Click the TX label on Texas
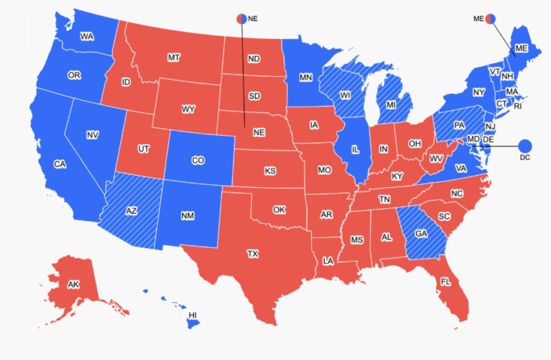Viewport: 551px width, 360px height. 253,254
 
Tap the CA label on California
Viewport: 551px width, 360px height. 60,164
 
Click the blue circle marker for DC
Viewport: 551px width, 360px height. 524,145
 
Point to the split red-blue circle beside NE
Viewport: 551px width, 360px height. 241,19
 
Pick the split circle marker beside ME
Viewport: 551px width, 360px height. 490,19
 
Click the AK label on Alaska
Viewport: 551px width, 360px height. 73,285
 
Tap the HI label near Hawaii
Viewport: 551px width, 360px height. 192,316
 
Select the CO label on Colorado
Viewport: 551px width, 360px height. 198,161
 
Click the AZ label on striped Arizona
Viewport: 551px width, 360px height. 131,211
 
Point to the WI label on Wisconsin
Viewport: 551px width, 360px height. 345,94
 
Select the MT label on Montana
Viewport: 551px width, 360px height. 173,57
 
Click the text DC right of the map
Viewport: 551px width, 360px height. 524,158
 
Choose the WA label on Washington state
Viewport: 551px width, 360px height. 87,36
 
